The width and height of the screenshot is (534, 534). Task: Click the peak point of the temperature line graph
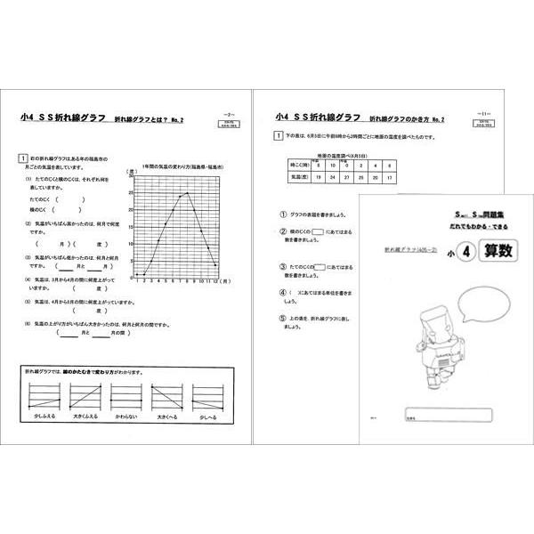pyautogui.click(x=187, y=192)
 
